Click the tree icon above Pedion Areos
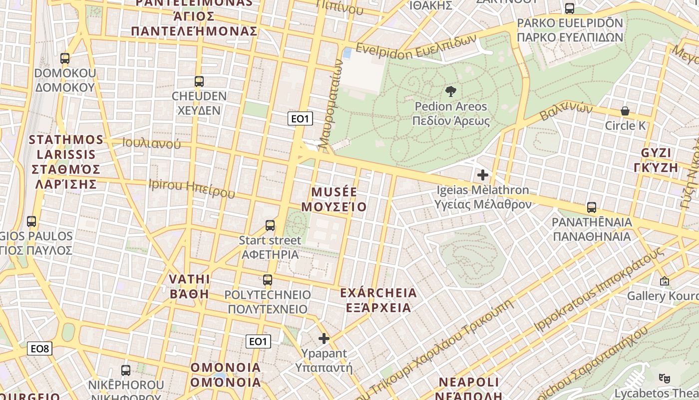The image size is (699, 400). pos(450,91)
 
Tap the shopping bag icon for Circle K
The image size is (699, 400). pos(625,111)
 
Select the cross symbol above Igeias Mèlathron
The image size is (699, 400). pos(482,175)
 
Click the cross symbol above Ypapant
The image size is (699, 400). pos(324,338)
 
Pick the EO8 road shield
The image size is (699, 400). pos(40,348)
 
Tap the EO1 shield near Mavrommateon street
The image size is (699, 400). pos(301,118)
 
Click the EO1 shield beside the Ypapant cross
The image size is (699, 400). pos(258,341)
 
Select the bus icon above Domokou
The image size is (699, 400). pos(65,58)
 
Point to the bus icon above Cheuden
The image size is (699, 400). pos(199,81)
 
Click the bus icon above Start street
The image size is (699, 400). pos(270,225)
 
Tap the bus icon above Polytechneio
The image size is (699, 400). pos(268,280)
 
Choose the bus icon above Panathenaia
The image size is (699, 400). pos(592,207)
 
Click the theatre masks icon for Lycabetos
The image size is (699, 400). pos(664,378)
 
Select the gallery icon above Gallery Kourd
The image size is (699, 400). pos(664,281)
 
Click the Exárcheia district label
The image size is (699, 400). pos(378,299)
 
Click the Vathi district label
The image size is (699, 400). pos(189,286)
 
